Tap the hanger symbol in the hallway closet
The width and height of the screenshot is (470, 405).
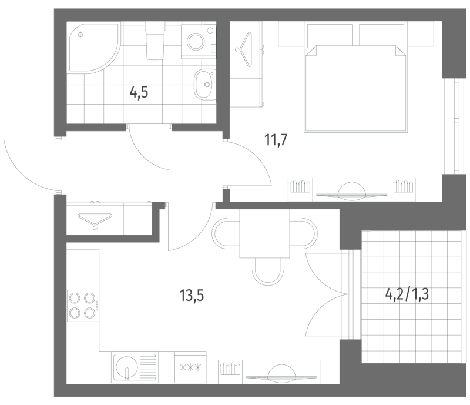(x=94, y=219)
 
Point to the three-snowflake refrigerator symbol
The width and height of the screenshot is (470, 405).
(x=191, y=368)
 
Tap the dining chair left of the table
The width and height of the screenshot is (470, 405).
(x=224, y=234)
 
